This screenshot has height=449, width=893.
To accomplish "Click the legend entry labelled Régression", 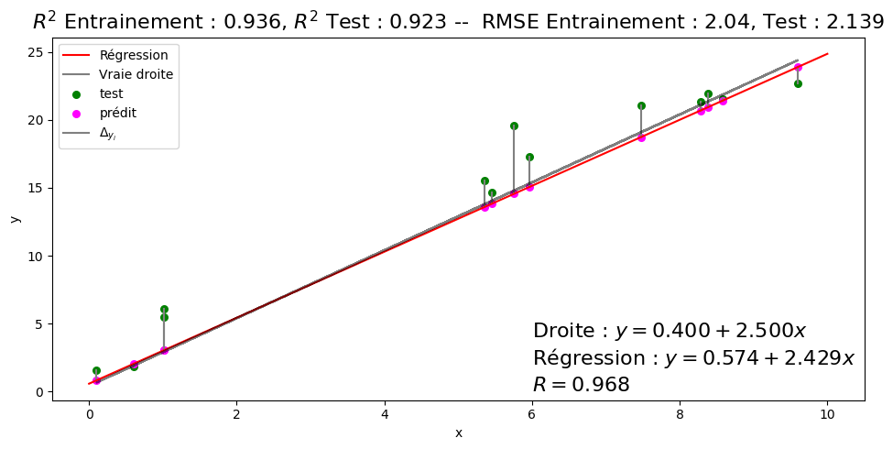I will pos(134,55).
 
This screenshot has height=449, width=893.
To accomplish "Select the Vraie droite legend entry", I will pos(136,74).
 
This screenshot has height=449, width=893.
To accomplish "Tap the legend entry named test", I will pos(111,93).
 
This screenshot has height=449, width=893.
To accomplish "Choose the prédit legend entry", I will pos(117,113).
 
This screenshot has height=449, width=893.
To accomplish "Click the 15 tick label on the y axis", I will pos(34,188).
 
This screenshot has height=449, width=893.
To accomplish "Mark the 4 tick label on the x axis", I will pos(385,413).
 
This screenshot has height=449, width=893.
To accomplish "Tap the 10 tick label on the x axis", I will pos(828,413).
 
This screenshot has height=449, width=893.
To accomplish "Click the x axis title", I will pos(458,433).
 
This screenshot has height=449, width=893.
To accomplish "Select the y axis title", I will pos(15,218).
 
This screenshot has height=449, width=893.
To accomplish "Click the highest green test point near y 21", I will pos(708,93).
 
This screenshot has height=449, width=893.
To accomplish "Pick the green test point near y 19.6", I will pos(514,126).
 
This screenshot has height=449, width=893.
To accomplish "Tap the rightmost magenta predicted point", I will pos(798,67).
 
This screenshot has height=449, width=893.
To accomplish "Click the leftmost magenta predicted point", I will pos(96,380).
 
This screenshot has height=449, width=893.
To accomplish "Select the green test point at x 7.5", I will pos(641,105).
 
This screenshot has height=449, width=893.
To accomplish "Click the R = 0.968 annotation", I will pos(581,385).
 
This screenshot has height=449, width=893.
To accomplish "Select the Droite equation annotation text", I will pos(669,332).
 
